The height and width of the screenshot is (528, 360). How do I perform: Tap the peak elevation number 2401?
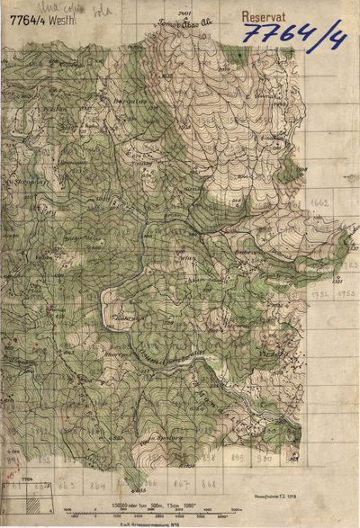[185, 15]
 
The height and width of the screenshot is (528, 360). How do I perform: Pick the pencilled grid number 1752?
[320, 294]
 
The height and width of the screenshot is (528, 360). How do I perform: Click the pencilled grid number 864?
[96, 484]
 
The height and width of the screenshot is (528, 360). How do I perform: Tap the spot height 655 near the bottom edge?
[139, 489]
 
